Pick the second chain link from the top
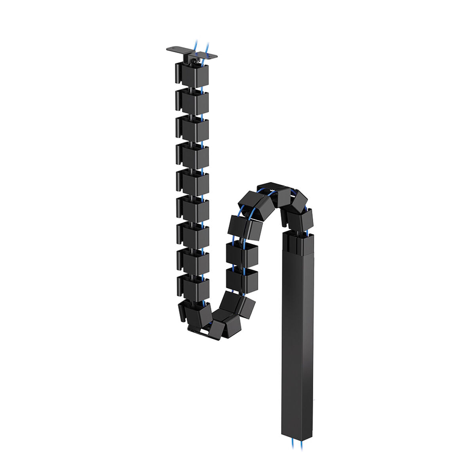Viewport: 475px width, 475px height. tap(192, 101)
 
